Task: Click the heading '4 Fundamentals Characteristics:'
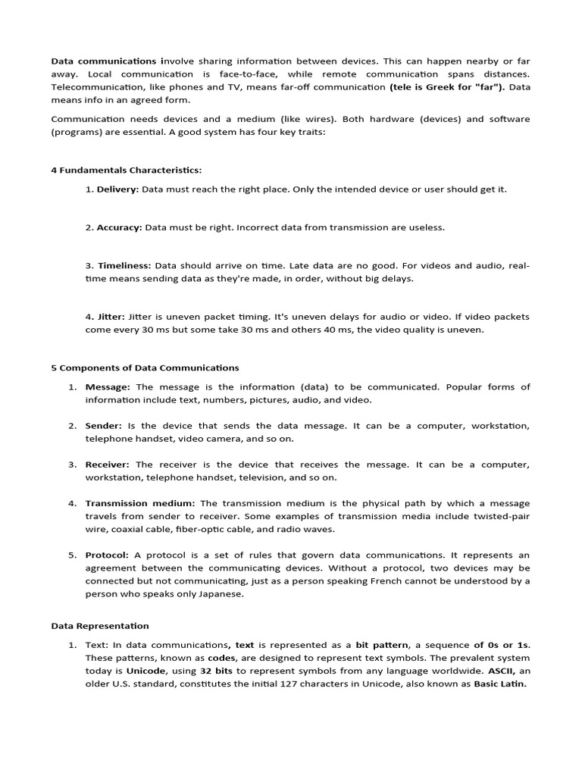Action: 127,170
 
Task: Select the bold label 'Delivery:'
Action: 117,189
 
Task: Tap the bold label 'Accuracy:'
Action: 119,227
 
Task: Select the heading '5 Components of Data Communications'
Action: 145,368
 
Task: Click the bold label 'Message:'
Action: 108,387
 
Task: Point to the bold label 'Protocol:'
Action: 107,555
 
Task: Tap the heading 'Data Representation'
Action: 100,626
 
